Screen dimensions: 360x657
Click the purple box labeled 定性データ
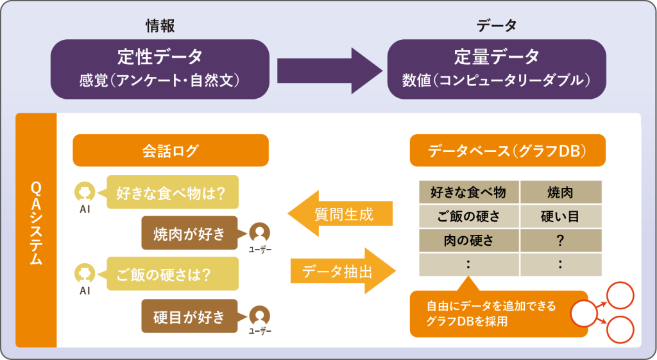(160, 69)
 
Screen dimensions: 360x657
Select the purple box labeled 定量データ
(497, 69)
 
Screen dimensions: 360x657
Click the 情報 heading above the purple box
(160, 26)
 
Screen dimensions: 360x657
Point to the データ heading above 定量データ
(497, 26)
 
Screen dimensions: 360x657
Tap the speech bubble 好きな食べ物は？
(173, 192)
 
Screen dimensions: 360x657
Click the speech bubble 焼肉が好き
(190, 233)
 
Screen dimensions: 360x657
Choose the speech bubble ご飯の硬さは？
(173, 274)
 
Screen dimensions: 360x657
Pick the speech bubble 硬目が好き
(190, 316)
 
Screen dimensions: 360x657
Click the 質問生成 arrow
(340, 214)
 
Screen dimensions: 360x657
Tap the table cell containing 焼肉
(560, 192)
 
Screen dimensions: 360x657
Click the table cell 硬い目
(560, 216)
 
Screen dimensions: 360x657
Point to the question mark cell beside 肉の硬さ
(560, 241)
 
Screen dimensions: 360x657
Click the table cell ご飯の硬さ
(468, 216)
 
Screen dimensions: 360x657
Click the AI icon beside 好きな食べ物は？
(84, 192)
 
